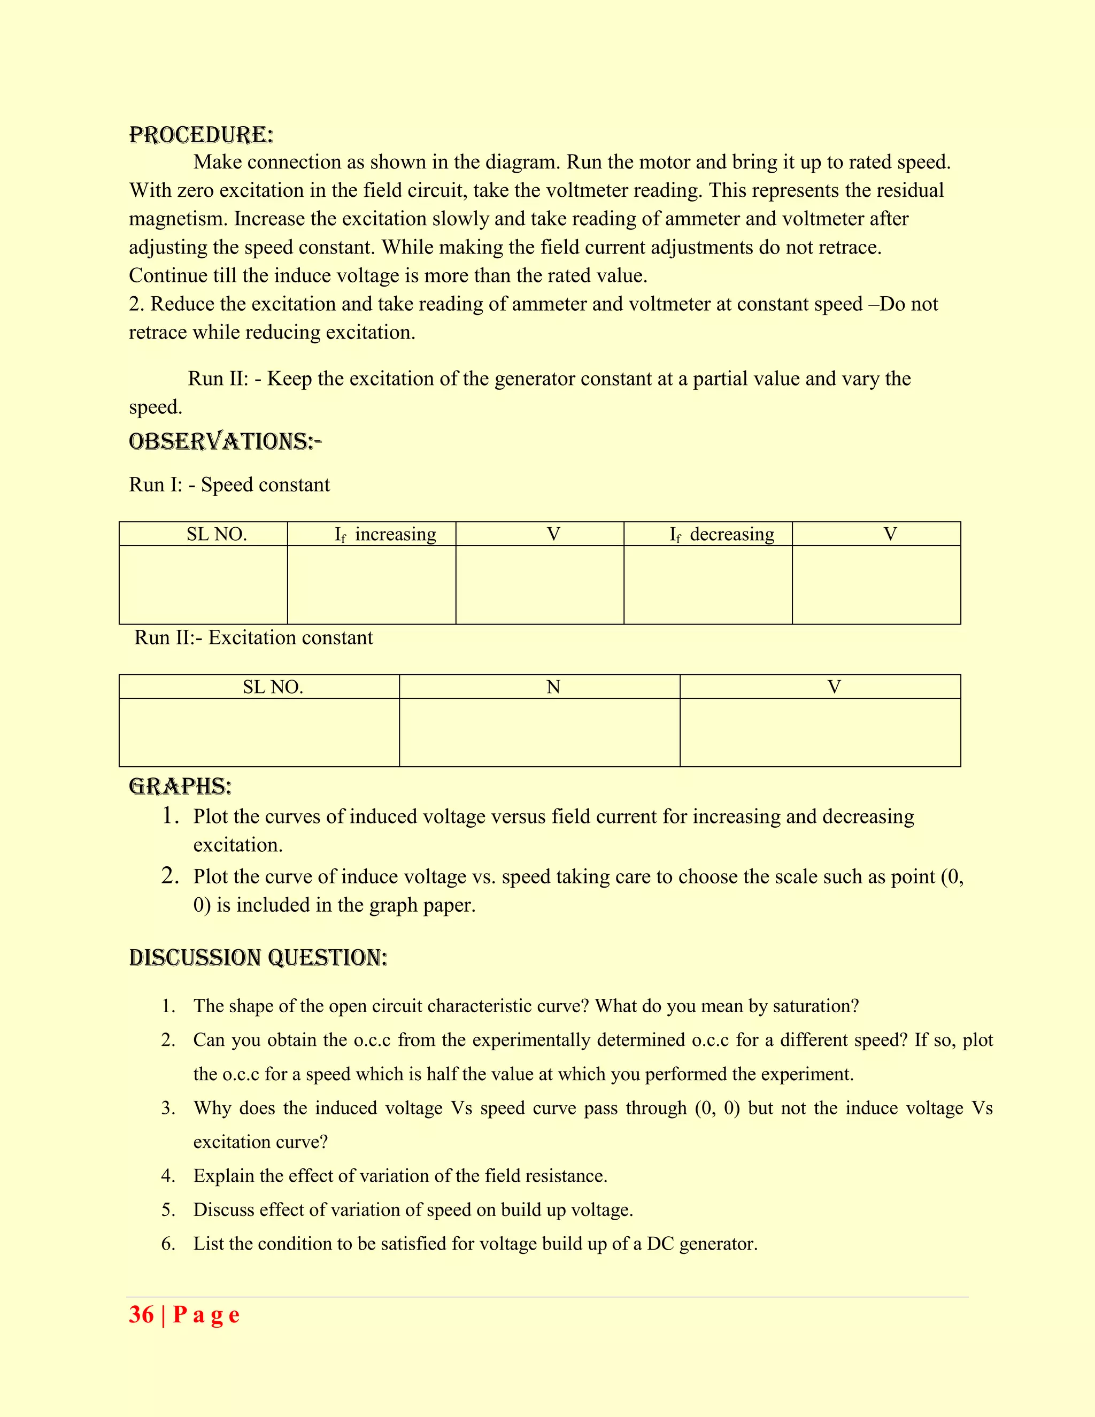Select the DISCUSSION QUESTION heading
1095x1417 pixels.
coord(258,958)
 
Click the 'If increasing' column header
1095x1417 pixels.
coord(385,534)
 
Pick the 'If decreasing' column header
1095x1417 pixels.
coord(722,534)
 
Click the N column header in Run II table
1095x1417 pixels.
coord(553,687)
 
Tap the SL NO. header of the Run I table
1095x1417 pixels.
coord(217,534)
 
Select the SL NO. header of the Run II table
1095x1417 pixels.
coord(273,687)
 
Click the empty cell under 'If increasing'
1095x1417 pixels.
coord(372,584)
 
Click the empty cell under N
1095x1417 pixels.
coord(539,733)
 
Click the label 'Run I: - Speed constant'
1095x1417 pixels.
coord(229,484)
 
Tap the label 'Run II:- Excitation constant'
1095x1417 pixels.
coord(253,638)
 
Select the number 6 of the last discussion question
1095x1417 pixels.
coord(168,1244)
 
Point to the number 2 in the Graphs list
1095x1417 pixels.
coord(170,876)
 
